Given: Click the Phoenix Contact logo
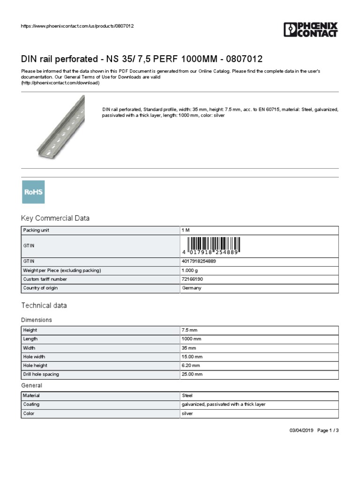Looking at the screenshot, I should pos(310,30).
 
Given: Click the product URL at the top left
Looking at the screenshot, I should pos(77,26).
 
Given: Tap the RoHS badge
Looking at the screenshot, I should pos(33,192).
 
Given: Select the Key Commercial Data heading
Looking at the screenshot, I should pos(55,218).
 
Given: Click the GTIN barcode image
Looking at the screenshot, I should pos(214,245).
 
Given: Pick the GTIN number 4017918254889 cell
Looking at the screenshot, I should pos(199,261).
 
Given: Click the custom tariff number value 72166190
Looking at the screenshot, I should pos(192,279).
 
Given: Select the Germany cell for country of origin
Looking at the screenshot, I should pos(191,288).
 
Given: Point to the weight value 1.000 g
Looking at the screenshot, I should pos(190,270).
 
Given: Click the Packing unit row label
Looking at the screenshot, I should pos(36,230).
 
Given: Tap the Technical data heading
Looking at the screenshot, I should pos(44,305).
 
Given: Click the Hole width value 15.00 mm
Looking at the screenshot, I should pos(192,357).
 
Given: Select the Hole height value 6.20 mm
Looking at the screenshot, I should pos(191,365).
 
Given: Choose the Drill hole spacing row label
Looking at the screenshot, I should pos(41,374).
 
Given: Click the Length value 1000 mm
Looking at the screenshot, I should pos(191,339).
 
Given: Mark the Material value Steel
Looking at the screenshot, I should pos(187,396).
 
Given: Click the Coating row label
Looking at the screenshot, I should pos(31,404).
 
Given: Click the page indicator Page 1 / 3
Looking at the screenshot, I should pos(328,430).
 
